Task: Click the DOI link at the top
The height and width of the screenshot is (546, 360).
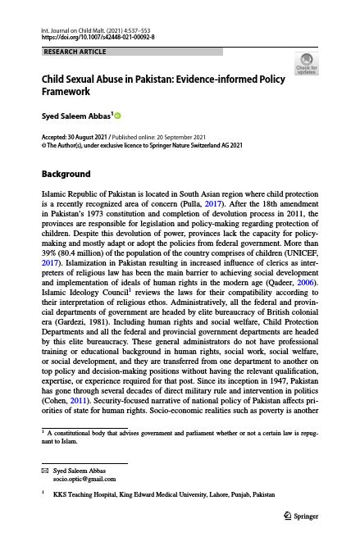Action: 98,38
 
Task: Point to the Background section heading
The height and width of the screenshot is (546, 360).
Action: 66,174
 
